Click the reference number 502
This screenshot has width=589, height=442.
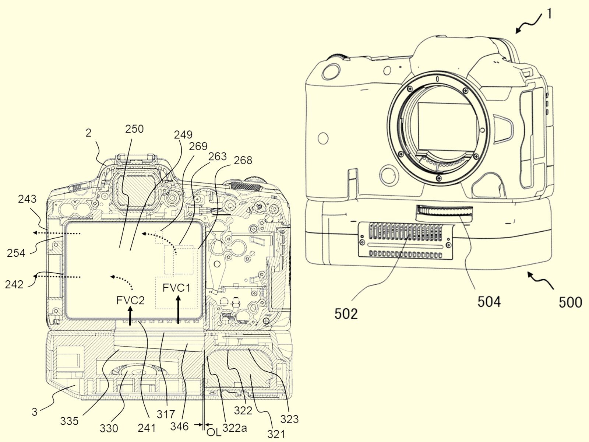click(x=346, y=313)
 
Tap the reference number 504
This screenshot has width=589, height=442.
click(x=489, y=302)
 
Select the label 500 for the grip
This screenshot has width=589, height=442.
click(x=570, y=302)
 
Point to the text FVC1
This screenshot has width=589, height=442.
click(x=176, y=288)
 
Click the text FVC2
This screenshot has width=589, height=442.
click(x=130, y=300)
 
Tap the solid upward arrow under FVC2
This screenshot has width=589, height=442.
click(x=130, y=316)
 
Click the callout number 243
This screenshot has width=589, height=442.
click(x=27, y=199)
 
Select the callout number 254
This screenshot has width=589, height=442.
click(x=16, y=253)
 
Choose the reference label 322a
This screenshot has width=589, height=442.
click(x=234, y=428)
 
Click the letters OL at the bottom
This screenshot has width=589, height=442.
click(x=214, y=432)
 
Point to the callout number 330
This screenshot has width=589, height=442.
click(x=109, y=428)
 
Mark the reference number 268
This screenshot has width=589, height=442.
click(x=243, y=160)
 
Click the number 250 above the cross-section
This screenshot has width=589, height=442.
click(x=134, y=129)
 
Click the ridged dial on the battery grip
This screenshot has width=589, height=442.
click(x=444, y=212)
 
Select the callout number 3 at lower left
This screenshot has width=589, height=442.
click(x=34, y=412)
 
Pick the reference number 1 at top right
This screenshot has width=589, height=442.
click(x=549, y=14)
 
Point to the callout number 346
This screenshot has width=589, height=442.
click(x=180, y=426)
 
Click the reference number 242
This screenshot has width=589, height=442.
click(x=14, y=284)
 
